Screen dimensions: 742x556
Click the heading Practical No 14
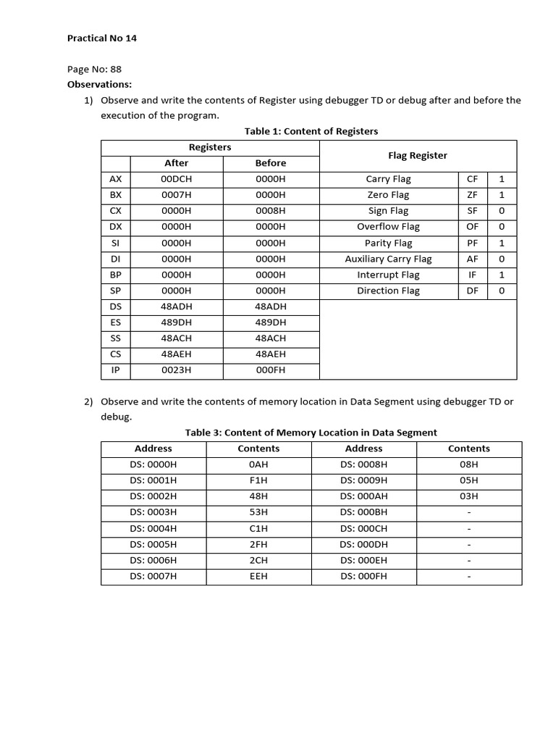[x=102, y=38]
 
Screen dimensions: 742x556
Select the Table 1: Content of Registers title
[x=311, y=131]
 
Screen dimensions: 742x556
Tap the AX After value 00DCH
[x=176, y=179]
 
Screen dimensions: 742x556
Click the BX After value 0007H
[x=176, y=195]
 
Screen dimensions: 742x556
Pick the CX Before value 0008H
[x=271, y=211]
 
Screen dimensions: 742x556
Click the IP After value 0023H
[x=176, y=370]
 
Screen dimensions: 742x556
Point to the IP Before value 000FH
[x=271, y=370]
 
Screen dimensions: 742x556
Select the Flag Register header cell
[x=418, y=155]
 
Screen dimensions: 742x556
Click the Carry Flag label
[x=388, y=179]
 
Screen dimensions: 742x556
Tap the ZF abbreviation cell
[x=472, y=195]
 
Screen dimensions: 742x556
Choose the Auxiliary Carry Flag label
[x=388, y=259]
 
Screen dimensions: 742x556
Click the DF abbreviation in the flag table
[x=472, y=291]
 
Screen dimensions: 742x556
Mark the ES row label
[x=116, y=322]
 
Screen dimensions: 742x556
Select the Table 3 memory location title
[x=311, y=433]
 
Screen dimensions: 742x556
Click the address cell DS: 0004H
[x=153, y=528]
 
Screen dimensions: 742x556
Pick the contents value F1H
[x=258, y=480]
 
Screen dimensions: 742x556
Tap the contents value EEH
[x=258, y=576]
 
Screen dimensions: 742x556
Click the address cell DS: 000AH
[x=363, y=496]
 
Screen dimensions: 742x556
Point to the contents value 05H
[x=469, y=480]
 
